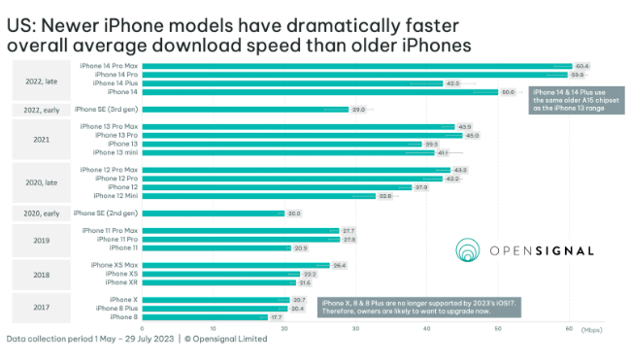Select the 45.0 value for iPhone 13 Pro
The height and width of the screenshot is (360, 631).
click(472, 135)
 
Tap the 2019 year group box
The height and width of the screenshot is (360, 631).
click(42, 239)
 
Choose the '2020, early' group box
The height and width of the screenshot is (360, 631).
click(42, 213)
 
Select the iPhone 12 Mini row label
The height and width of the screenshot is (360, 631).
click(115, 195)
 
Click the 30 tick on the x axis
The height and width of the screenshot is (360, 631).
click(356, 329)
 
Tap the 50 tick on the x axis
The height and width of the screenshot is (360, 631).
click(498, 329)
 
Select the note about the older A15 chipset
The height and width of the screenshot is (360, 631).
click(572, 100)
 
